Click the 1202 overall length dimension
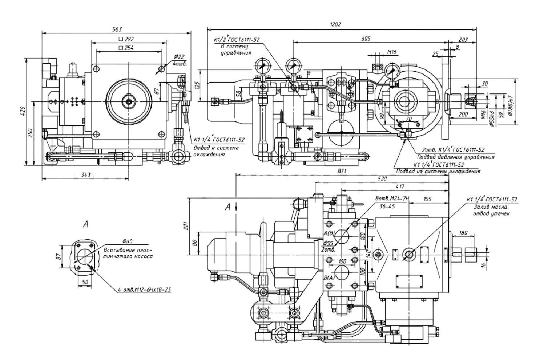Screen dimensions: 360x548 335,24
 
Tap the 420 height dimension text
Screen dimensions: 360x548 23,110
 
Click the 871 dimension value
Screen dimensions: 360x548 342,171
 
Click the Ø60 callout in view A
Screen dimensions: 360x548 128,241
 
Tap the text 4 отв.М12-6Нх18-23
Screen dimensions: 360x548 144,290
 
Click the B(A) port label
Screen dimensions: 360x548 329,278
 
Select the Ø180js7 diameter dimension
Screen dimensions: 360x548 511,105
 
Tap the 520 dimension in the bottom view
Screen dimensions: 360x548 382,179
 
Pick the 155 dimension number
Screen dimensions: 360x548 428,199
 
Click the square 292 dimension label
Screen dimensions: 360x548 126,39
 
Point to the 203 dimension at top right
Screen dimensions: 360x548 463,40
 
